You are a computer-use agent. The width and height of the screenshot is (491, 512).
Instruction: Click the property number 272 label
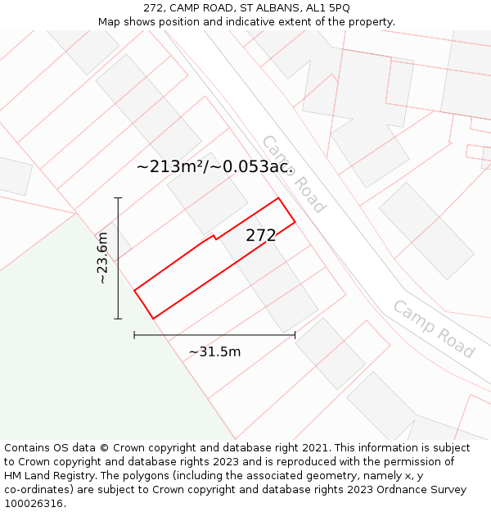pyautogui.click(x=261, y=236)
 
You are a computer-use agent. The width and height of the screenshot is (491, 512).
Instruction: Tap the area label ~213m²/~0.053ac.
pyautogui.click(x=214, y=167)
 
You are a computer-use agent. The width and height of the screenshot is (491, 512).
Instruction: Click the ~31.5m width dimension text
pyautogui.click(x=214, y=351)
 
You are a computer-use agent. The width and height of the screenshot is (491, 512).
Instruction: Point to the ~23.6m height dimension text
pyautogui.click(x=102, y=258)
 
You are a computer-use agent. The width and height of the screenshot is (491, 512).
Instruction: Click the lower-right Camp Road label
pyautogui.click(x=434, y=329)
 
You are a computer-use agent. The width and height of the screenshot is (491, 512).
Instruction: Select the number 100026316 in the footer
pyautogui.click(x=34, y=503)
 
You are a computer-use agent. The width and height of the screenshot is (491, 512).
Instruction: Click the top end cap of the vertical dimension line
pyautogui.click(x=118, y=198)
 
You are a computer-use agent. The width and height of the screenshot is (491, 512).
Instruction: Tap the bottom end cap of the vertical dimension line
pyautogui.click(x=118, y=319)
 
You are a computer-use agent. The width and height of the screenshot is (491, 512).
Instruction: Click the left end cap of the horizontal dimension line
pyautogui.click(x=134, y=334)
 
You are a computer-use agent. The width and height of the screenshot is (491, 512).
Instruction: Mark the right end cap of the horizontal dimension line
pyautogui.click(x=295, y=334)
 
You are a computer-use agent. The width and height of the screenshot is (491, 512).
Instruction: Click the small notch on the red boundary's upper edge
pyautogui.click(x=214, y=238)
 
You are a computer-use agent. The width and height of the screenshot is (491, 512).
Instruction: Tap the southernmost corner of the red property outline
pyautogui.click(x=153, y=319)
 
